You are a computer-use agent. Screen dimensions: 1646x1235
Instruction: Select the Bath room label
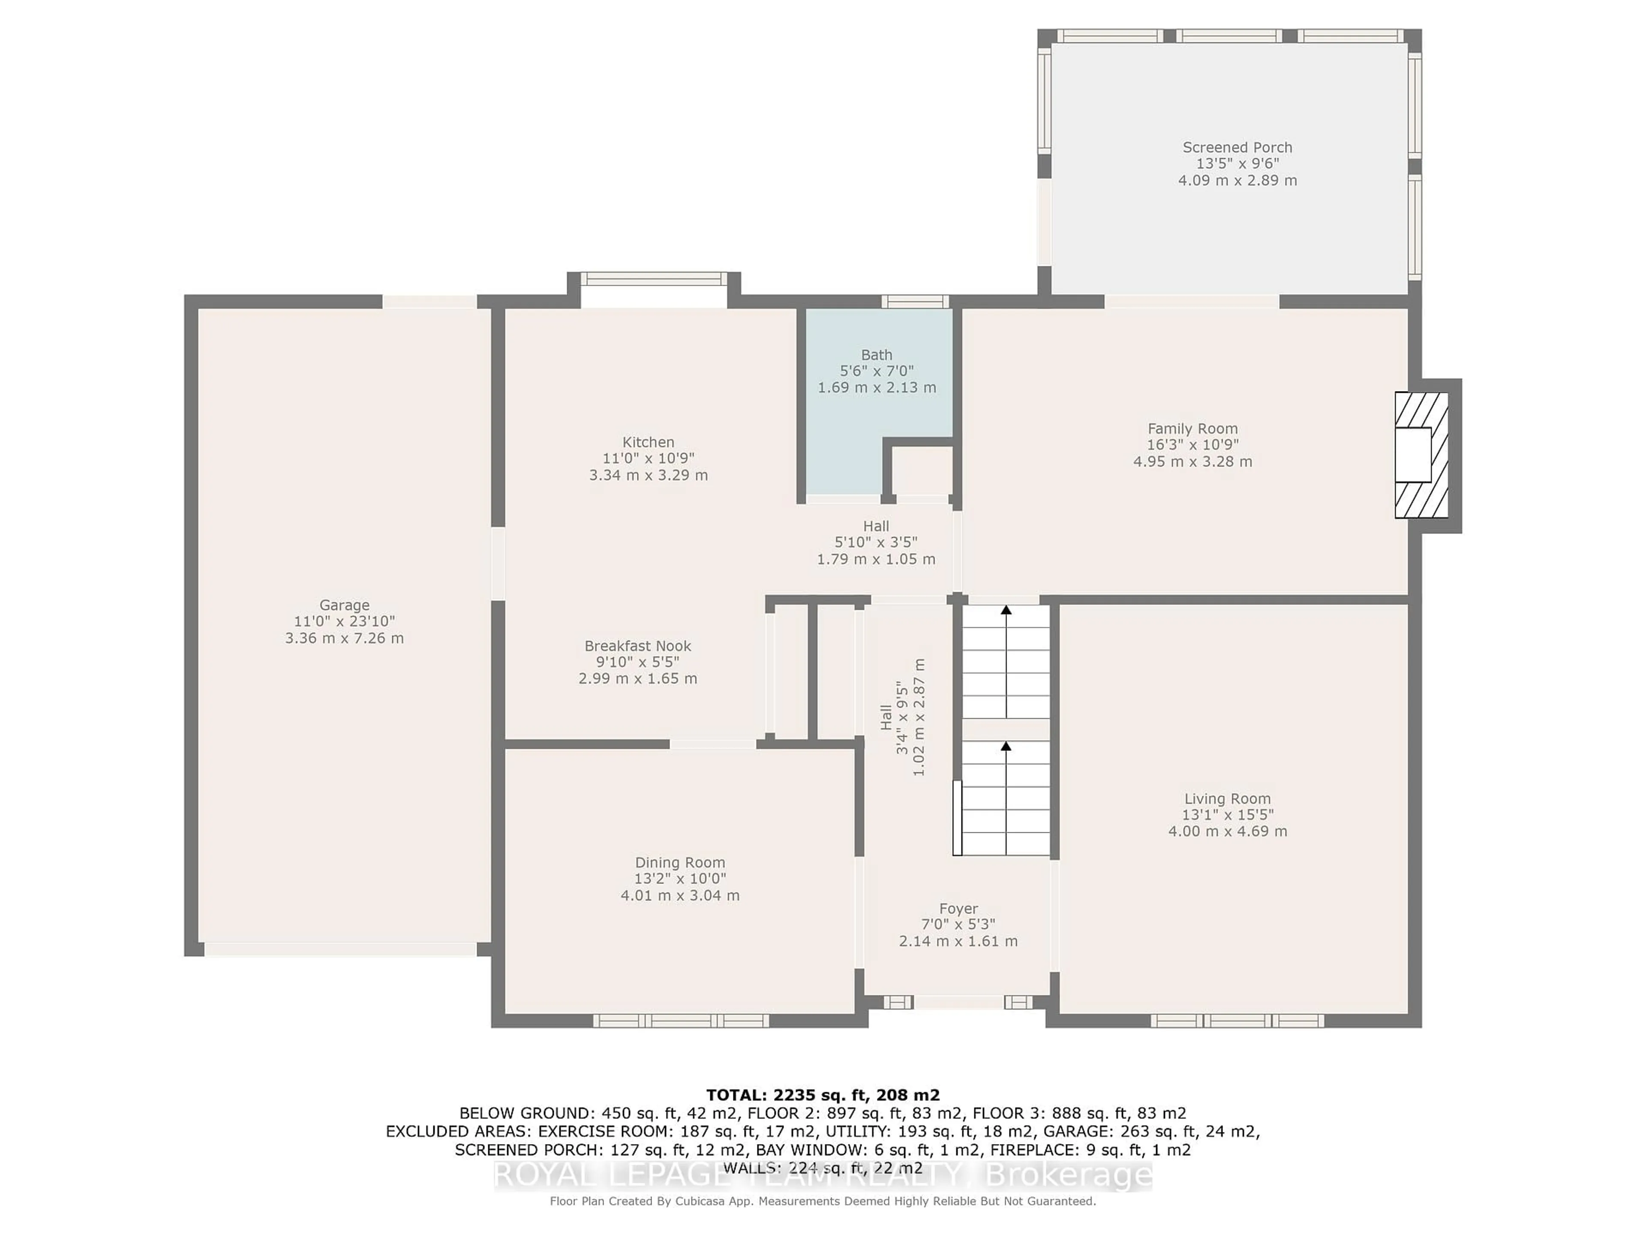pyautogui.click(x=877, y=355)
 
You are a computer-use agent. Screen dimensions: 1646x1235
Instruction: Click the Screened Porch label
pyautogui.click(x=1238, y=148)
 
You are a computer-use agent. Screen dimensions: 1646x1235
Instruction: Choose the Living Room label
pyautogui.click(x=1228, y=799)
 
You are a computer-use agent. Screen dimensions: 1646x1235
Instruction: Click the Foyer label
pyautogui.click(x=958, y=909)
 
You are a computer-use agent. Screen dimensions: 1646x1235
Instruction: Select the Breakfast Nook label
pyautogui.click(x=638, y=646)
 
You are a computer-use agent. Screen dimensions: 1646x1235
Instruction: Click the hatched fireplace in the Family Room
pyautogui.click(x=1421, y=455)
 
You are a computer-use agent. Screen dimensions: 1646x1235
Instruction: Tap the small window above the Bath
pyautogui.click(x=915, y=301)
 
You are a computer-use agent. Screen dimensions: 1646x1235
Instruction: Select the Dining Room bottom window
pyautogui.click(x=681, y=1021)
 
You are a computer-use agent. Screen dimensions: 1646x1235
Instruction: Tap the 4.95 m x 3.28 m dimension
pyautogui.click(x=1193, y=461)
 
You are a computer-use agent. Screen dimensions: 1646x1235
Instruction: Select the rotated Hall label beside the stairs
pyautogui.click(x=886, y=717)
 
